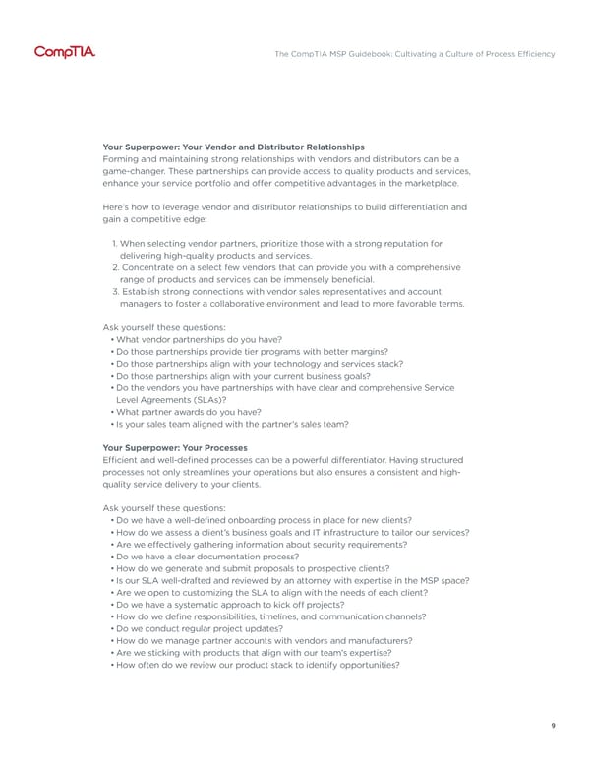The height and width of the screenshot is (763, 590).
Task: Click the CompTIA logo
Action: (65, 52)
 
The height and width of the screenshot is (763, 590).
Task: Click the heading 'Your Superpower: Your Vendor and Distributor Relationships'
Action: (233, 147)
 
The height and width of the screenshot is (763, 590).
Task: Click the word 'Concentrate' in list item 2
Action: (151, 267)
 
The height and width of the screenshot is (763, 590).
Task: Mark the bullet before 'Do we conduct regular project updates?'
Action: (111, 628)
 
